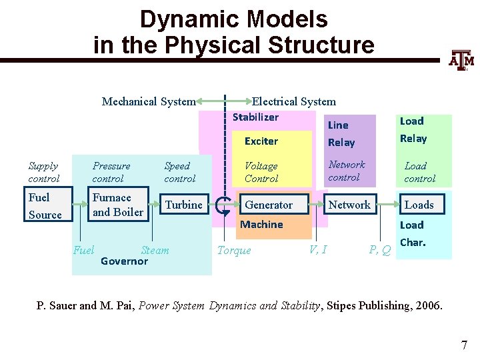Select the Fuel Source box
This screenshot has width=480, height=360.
point(45,206)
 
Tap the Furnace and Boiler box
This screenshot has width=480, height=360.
point(118,205)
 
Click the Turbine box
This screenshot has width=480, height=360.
point(183,205)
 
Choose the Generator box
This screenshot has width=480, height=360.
point(269,205)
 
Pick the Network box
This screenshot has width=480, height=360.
point(349,205)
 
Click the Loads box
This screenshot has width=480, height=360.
point(419,205)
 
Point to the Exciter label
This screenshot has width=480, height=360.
point(261,141)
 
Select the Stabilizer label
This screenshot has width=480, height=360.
point(255,117)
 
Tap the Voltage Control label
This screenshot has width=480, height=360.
point(261,172)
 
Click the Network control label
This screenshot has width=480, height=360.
point(346,171)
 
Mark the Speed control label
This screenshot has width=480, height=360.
point(179,172)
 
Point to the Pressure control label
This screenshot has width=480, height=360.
point(111,172)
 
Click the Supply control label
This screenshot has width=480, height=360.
point(43,172)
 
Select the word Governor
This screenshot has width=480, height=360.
point(124,261)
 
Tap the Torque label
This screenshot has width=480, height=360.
point(234,251)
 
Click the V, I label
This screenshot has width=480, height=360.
point(318,250)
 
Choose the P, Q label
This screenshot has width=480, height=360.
point(380,251)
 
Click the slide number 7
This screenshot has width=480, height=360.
point(464,345)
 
